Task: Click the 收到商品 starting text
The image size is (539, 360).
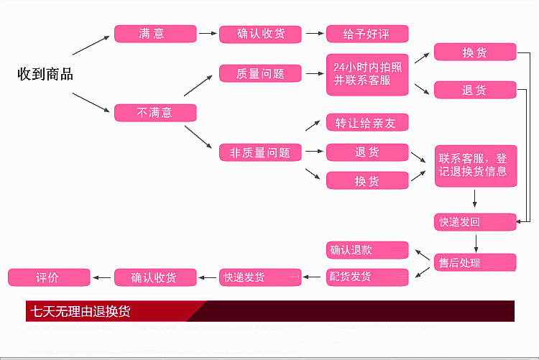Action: pyautogui.click(x=45, y=74)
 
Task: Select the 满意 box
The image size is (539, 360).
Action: pyautogui.click(x=155, y=34)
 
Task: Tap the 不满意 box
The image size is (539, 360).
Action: pyautogui.click(x=155, y=113)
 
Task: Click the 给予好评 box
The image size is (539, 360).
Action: pyautogui.click(x=367, y=34)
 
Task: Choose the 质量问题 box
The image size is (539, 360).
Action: pyautogui.click(x=260, y=73)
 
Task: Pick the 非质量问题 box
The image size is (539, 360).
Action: pyautogui.click(x=260, y=152)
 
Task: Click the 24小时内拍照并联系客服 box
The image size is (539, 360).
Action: pyautogui.click(x=367, y=74)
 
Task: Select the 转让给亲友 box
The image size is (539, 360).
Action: pyautogui.click(x=367, y=123)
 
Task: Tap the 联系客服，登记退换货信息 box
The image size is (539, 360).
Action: pyautogui.click(x=475, y=165)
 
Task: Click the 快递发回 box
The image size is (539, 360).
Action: pyautogui.click(x=475, y=222)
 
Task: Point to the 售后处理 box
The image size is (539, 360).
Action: pyautogui.click(x=475, y=262)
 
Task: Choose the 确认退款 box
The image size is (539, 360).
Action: pyautogui.click(x=367, y=250)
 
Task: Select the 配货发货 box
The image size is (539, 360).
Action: pyautogui.click(x=367, y=277)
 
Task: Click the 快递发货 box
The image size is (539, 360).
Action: pyautogui.click(x=260, y=277)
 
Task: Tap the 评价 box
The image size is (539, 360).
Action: pyautogui.click(x=48, y=277)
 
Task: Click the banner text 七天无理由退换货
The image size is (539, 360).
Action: pyautogui.click(x=80, y=312)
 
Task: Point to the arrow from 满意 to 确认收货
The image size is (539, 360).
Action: pyautogui.click(x=208, y=34)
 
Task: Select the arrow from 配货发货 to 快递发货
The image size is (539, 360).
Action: pyautogui.click(x=314, y=277)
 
